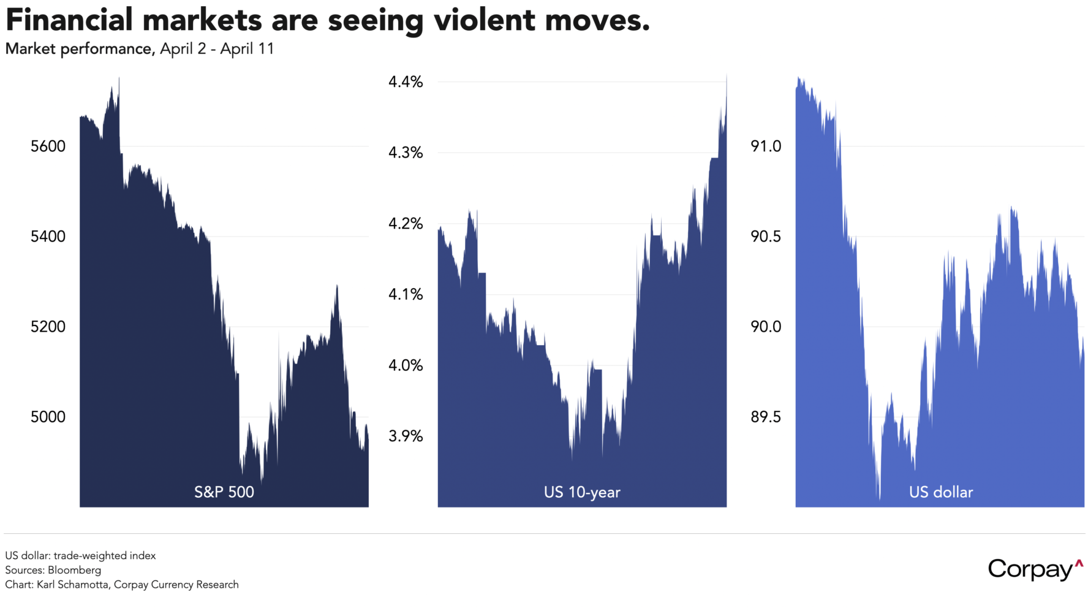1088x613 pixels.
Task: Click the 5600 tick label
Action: (x=48, y=147)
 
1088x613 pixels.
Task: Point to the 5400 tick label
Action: (x=48, y=237)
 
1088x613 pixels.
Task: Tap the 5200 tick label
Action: (x=48, y=327)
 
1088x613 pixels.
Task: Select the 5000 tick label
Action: (x=48, y=417)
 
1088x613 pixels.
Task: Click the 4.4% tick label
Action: (x=406, y=82)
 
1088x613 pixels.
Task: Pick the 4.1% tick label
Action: (x=406, y=295)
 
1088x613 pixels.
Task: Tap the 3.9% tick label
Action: (x=406, y=436)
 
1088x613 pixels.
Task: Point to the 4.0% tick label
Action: (x=406, y=365)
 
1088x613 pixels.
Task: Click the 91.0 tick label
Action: (x=766, y=147)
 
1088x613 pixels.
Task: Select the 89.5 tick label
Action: (x=766, y=417)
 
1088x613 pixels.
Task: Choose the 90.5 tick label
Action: (x=766, y=237)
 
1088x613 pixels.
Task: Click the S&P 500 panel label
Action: (x=224, y=492)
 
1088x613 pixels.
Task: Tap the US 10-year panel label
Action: (x=582, y=492)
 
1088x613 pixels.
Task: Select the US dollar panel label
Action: (x=941, y=492)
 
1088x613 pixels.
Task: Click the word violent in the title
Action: (x=484, y=20)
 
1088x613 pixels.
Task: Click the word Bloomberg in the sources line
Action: (x=74, y=570)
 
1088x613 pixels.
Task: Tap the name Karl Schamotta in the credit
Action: (x=72, y=585)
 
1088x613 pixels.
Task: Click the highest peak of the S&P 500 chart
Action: (x=119, y=78)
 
